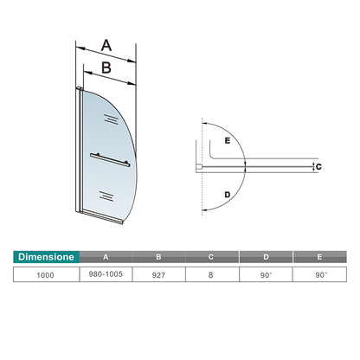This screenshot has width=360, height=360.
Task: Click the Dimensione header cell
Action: pos(46,257)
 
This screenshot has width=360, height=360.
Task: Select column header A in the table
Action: pos(106,257)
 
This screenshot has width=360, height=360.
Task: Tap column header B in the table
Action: pos(158,257)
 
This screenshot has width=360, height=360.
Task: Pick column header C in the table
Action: pos(211,257)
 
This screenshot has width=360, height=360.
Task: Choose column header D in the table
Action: pos(266,257)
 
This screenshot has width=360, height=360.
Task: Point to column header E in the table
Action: pos(319,257)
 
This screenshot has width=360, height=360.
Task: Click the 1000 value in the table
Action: pos(45,275)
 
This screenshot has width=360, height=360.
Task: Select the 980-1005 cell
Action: pos(106,274)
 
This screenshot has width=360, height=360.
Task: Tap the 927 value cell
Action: pos(158,275)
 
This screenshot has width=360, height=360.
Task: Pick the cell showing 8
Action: pos(211,274)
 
